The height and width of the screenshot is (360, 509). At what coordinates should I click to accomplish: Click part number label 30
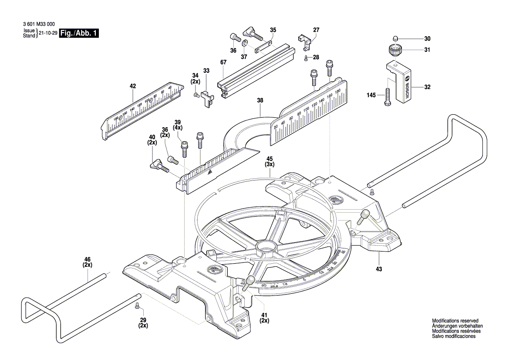(427, 38)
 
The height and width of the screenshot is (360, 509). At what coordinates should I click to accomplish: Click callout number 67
(223, 63)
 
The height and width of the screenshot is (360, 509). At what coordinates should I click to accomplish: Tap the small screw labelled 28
(307, 58)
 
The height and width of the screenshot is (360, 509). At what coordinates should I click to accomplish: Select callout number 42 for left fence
(133, 86)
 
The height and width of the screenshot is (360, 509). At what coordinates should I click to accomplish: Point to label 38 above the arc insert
(260, 100)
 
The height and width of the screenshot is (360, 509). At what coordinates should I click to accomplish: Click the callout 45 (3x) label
(270, 162)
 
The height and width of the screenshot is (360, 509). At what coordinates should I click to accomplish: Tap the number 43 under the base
(379, 269)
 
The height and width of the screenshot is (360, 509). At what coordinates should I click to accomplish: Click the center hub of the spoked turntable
(266, 247)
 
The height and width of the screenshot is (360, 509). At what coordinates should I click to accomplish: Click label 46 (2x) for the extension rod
(88, 262)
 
